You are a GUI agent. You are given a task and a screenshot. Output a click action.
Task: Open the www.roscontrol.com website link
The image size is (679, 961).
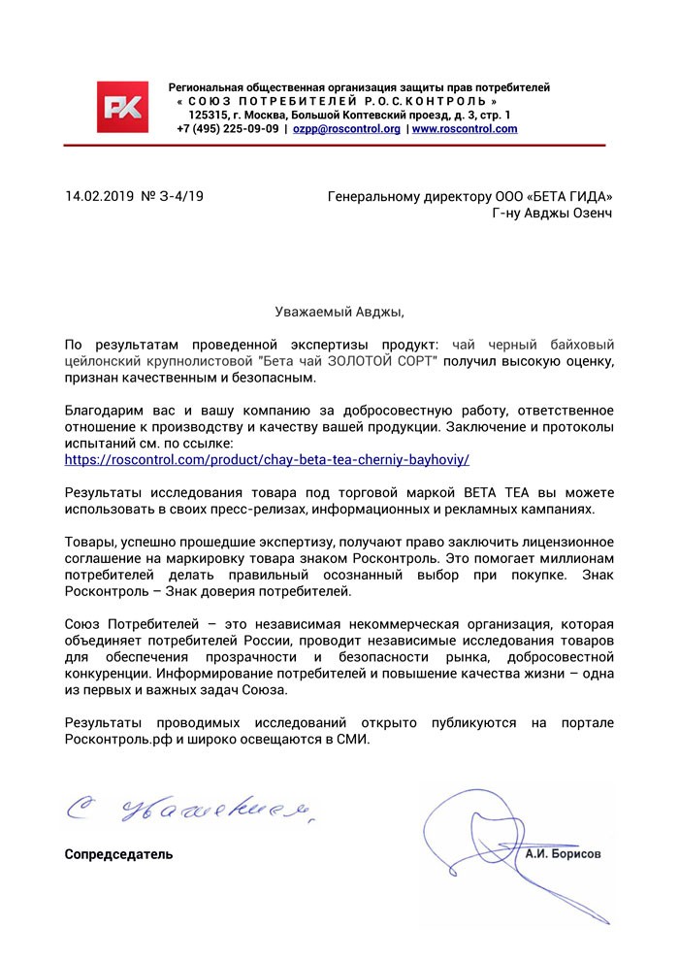(x=465, y=128)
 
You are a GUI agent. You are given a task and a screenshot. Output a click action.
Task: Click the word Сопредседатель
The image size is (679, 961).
(x=118, y=855)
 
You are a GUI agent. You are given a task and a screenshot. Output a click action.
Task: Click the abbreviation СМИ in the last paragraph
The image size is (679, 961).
(x=352, y=738)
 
